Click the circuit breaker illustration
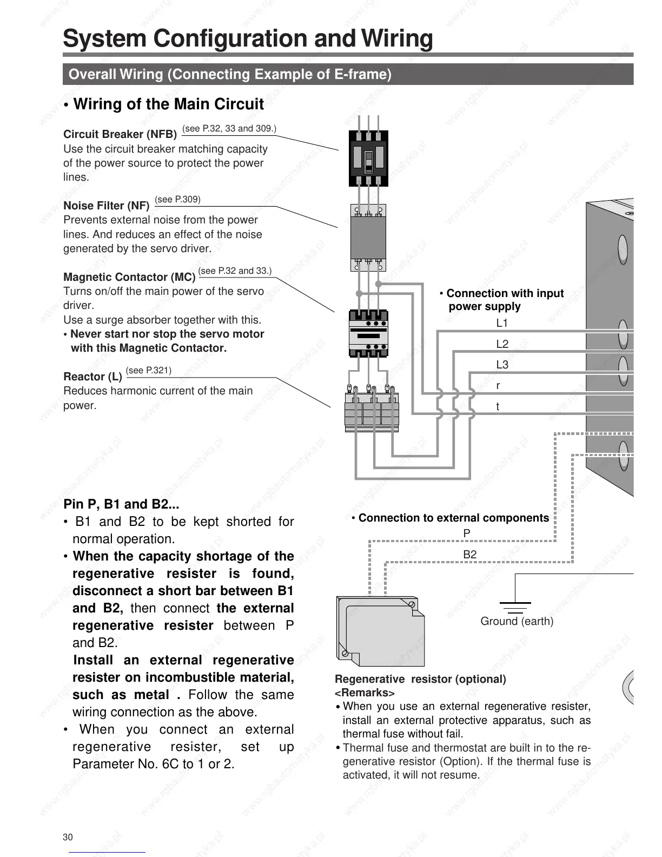pos(368,158)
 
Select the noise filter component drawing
pos(368,238)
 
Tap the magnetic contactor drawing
pos(368,333)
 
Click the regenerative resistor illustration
pos(380,631)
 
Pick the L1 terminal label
pos(502,324)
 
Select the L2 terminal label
pos(502,344)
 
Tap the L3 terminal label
pos(502,365)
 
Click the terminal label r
pos(498,386)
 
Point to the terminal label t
pos(498,406)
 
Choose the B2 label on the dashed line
pos(469,555)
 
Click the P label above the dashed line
pos(467,533)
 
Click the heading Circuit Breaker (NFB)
pos(120,134)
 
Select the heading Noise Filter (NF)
pos(107,206)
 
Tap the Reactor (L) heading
pos(92,377)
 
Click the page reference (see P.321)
pos(149,371)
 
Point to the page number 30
pos(68,837)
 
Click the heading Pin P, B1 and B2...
pos(121,504)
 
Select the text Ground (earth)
pos(517,621)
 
